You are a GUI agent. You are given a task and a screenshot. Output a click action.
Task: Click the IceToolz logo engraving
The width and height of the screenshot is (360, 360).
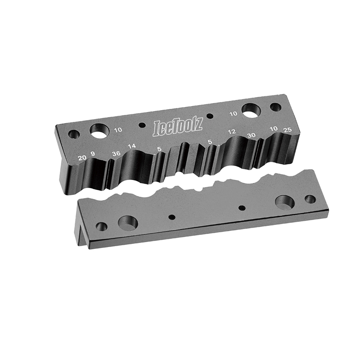pyautogui.click(x=178, y=128)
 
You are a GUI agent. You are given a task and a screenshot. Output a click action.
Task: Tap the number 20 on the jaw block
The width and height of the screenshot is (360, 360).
pyautogui.click(x=82, y=158)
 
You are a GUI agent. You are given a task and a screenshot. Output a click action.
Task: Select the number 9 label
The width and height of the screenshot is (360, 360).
pyautogui.click(x=93, y=154)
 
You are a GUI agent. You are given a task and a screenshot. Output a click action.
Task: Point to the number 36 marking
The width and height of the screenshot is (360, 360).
pyautogui.click(x=116, y=153)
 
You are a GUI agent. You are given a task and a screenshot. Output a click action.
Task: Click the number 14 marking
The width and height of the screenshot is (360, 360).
pyautogui.click(x=132, y=146)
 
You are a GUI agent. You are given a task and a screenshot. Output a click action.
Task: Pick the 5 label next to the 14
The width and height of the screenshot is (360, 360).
pyautogui.click(x=159, y=149)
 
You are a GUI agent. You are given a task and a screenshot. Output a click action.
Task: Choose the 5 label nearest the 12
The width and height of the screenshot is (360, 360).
pyautogui.click(x=210, y=142)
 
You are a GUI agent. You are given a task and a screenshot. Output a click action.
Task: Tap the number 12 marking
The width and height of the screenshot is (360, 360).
pyautogui.click(x=232, y=132)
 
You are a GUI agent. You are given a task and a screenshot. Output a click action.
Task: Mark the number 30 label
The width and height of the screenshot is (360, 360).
pyautogui.click(x=252, y=135)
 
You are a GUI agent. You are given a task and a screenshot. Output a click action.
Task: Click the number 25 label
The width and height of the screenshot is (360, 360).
pyautogui.click(x=288, y=130)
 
